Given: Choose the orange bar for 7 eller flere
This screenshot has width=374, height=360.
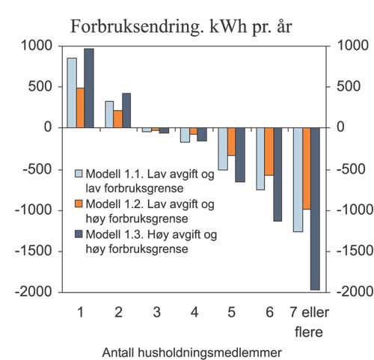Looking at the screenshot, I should [x=306, y=168].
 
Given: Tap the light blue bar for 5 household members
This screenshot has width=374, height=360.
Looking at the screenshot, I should [x=223, y=149].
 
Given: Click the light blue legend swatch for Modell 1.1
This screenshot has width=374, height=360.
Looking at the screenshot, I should [x=78, y=173].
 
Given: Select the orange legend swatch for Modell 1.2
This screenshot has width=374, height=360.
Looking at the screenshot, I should [x=78, y=203].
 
